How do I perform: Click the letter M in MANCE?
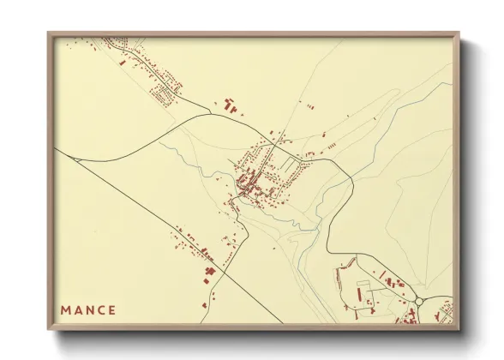pos(66,310)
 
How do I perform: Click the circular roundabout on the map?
pos(421,302)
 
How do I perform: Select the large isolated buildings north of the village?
pos(230,105)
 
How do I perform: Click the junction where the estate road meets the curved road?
pos(210,112)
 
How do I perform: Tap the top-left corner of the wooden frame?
pos(50,35)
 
